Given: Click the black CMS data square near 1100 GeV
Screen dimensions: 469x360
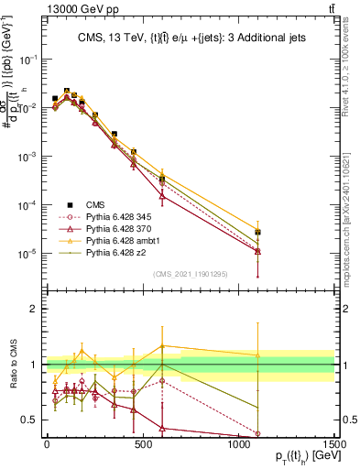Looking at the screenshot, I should point(257,233).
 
